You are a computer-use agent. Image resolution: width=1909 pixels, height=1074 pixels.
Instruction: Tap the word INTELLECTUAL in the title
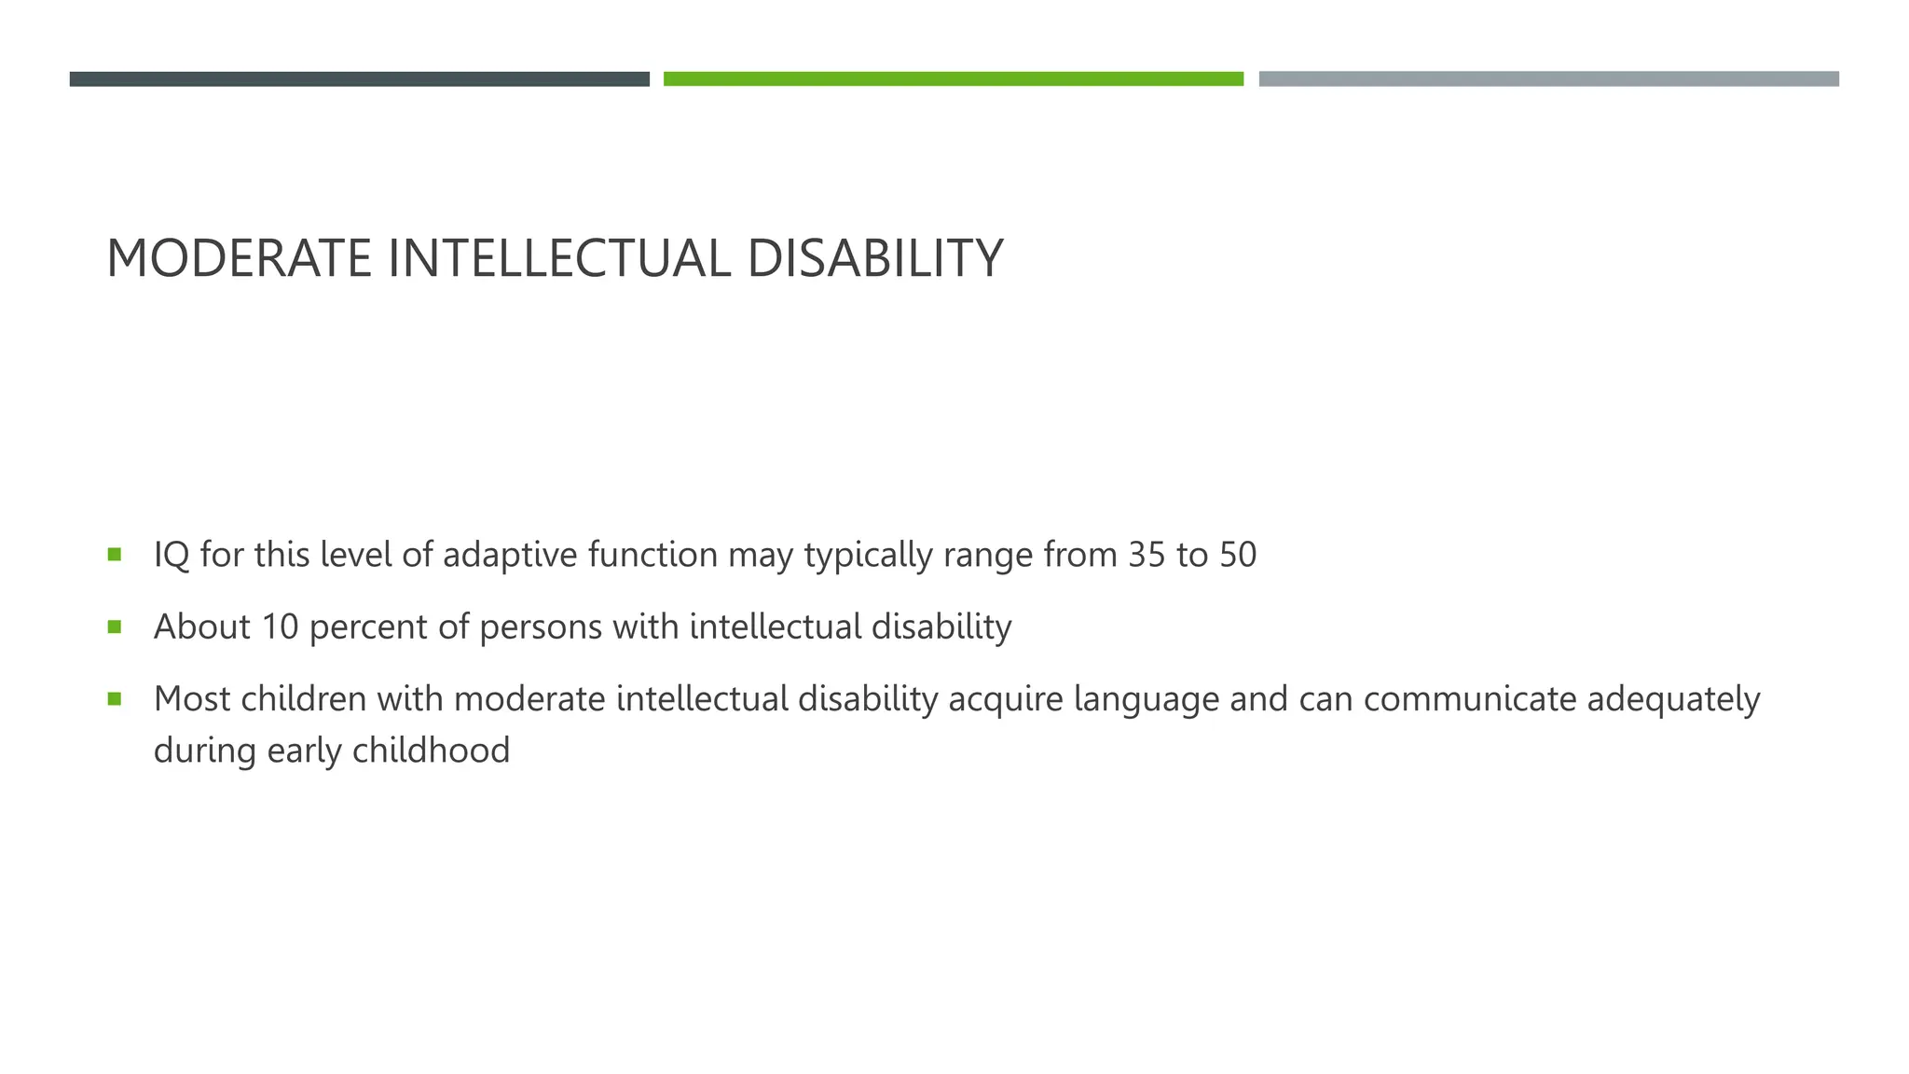tap(559, 258)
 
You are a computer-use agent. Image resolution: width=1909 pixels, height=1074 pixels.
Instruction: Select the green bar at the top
tap(953, 79)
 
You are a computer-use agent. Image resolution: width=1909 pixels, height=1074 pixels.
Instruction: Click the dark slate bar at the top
tap(359, 79)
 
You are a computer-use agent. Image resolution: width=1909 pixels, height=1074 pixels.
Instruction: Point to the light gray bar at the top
tap(1548, 79)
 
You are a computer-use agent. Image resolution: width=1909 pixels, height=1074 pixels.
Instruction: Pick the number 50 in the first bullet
tap(1238, 555)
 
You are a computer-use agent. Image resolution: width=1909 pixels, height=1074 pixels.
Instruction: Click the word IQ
tap(172, 555)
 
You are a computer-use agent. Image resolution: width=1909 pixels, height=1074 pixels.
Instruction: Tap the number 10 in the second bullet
tap(280, 626)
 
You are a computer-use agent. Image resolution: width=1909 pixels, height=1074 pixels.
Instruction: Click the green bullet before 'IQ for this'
tap(115, 555)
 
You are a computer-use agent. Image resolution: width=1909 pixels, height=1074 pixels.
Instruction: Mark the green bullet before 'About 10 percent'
tap(115, 626)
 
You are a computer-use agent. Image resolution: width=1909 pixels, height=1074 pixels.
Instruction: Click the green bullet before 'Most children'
tap(115, 698)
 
